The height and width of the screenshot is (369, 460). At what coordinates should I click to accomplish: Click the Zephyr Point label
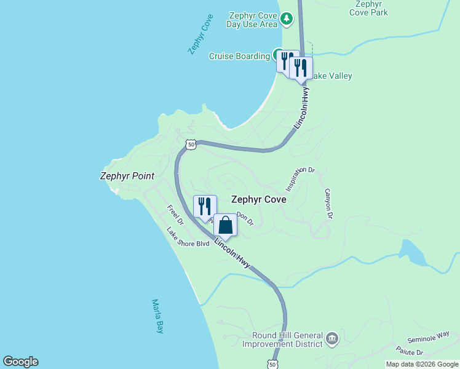127,176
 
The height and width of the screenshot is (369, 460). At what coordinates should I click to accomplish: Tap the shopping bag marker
225,226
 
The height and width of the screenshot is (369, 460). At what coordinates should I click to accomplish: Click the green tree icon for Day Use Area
286,20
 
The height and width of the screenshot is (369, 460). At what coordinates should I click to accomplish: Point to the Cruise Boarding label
239,56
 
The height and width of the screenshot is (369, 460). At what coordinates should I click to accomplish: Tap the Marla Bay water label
157,316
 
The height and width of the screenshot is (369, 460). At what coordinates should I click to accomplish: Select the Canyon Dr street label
328,204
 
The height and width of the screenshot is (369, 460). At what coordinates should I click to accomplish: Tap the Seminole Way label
428,338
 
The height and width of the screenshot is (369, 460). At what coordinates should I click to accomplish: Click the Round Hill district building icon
331,338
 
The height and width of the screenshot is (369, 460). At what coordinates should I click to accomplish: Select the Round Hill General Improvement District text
287,339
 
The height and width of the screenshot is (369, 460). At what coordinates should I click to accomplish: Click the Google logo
20,362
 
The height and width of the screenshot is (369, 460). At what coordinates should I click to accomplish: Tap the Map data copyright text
422,364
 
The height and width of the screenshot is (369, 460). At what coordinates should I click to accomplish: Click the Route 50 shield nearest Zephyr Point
191,145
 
